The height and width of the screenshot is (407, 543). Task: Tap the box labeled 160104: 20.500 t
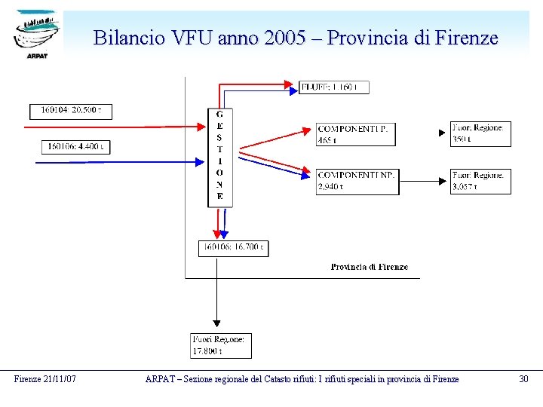pos(71,111)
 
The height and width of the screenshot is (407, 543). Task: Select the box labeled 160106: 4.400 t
pos(75,146)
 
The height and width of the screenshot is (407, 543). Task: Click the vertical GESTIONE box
pos(219,157)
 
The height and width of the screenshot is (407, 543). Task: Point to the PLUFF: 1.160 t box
pos(334,87)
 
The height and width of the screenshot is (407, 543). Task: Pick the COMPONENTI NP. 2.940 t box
pos(357,181)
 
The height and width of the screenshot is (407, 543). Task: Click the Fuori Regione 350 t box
pos(480,133)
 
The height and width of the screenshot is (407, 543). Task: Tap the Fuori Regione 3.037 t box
pos(480,181)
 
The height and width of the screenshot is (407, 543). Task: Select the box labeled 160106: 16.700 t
pos(233,247)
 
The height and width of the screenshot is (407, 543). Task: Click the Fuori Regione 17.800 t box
pos(221,345)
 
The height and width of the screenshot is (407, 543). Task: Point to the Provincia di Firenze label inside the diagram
pos(369,267)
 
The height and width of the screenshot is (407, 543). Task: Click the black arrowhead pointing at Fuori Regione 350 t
pos(443,133)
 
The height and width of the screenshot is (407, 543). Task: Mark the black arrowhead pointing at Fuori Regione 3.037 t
pos(443,181)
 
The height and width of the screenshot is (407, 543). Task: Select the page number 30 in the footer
pos(523,379)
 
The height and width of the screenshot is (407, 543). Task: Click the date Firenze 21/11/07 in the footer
pos(44,379)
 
